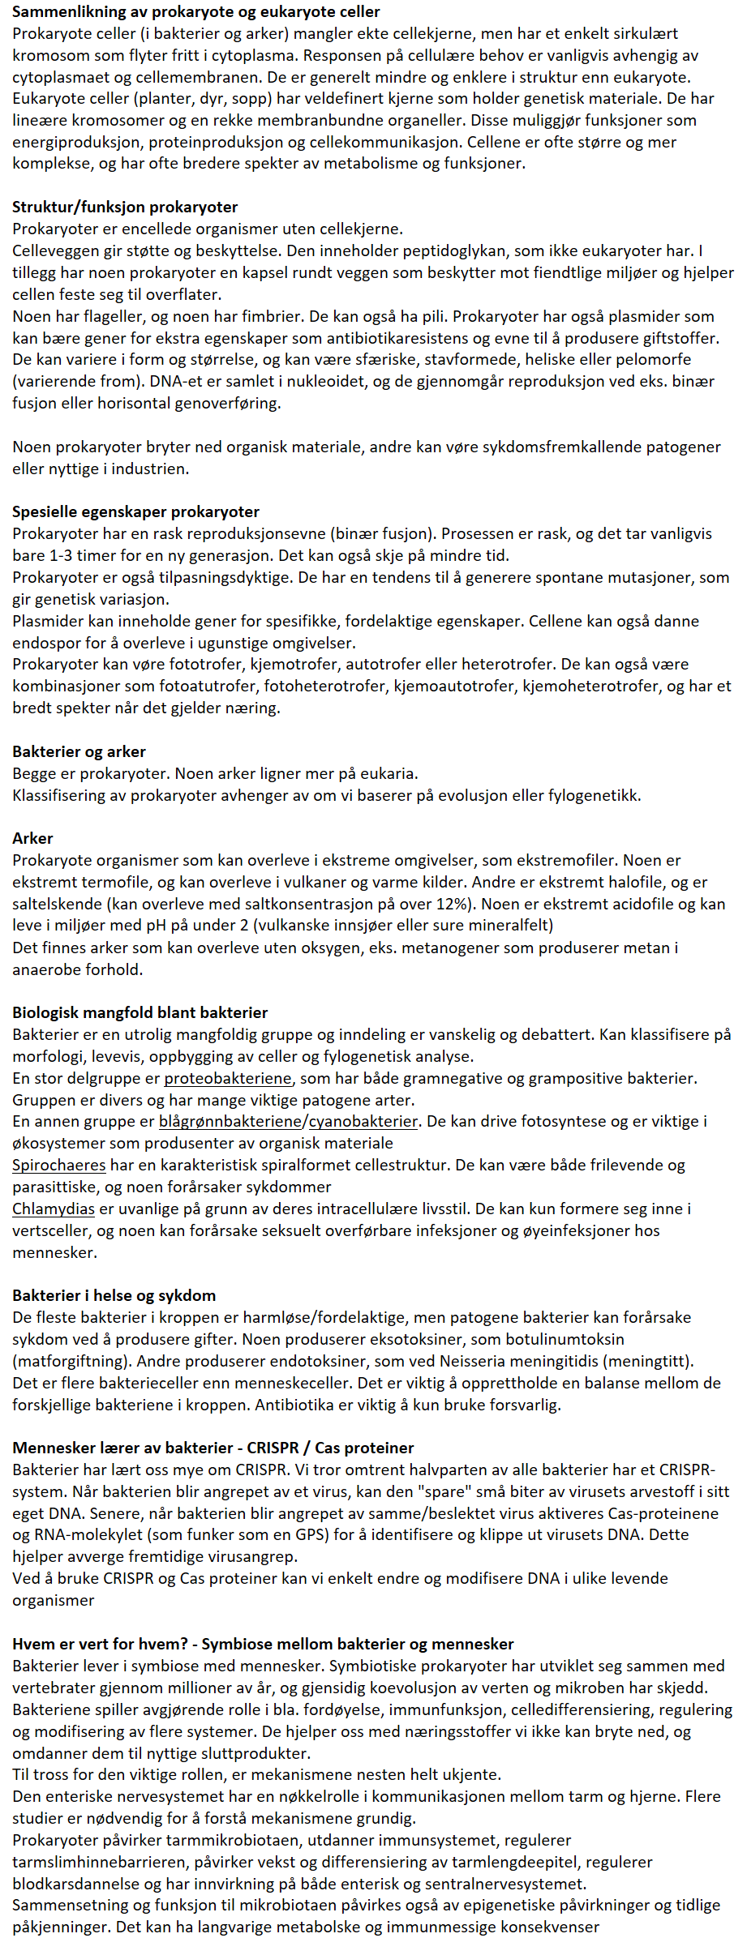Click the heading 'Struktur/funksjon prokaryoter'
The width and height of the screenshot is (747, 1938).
(125, 207)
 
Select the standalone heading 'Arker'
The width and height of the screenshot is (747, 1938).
(32, 838)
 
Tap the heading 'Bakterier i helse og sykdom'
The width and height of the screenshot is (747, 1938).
(114, 1295)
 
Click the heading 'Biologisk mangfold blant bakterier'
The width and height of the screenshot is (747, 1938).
(140, 1012)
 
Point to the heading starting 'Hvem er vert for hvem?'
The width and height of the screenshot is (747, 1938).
(263, 1644)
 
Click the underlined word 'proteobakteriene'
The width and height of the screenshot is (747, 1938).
(227, 1078)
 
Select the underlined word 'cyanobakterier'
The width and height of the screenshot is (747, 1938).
(363, 1121)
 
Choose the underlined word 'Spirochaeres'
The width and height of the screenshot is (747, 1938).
(58, 1165)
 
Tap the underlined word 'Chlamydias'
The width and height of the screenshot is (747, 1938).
(54, 1209)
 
